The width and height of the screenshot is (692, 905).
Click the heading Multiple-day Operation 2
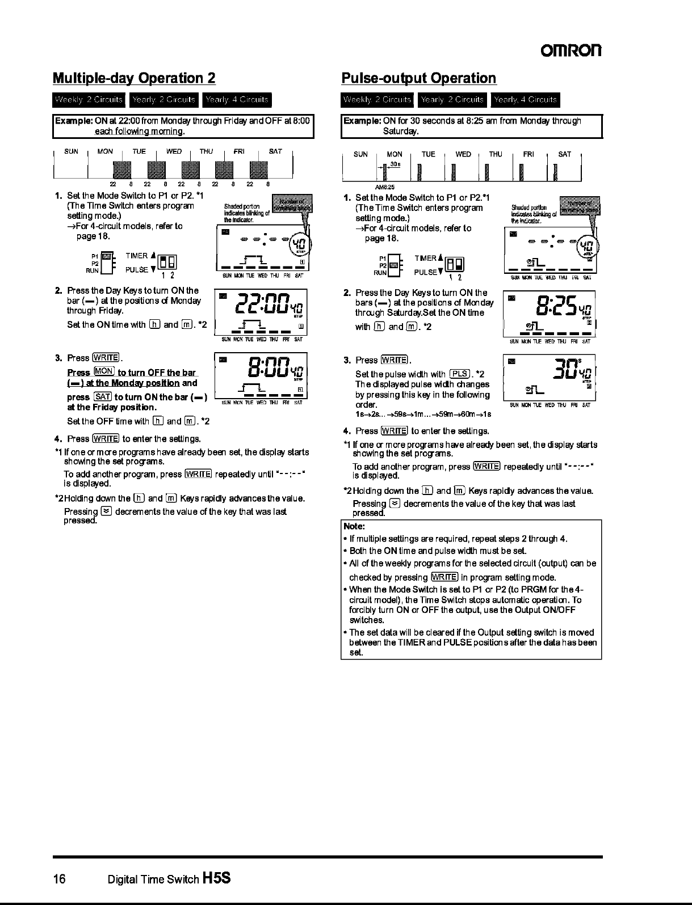tap(134, 78)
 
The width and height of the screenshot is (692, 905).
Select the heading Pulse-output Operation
tap(419, 78)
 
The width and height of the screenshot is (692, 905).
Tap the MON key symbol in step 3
tap(104, 371)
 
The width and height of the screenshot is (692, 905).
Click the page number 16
tap(60, 879)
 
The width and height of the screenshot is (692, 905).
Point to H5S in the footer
tap(216, 879)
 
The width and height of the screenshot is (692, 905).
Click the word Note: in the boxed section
tap(354, 526)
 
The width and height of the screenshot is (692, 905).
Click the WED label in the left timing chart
tap(174, 151)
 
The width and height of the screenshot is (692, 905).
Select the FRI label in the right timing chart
tap(529, 154)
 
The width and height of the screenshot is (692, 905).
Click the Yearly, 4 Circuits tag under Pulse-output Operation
tap(525, 100)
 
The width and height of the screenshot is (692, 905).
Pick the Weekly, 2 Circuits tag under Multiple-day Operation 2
tap(89, 100)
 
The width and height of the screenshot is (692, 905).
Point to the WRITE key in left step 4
tap(106, 438)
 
